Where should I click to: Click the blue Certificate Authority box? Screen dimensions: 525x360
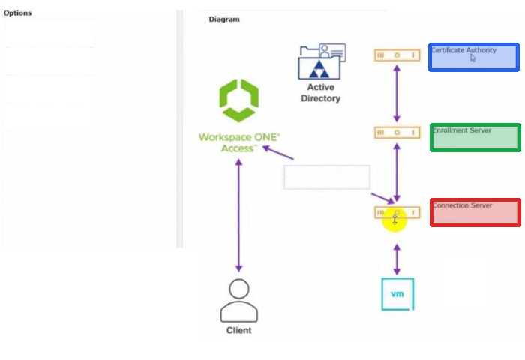(474, 57)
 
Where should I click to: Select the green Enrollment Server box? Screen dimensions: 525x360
(475, 137)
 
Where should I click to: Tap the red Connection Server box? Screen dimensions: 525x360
(475, 213)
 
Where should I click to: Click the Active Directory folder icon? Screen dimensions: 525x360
(322, 61)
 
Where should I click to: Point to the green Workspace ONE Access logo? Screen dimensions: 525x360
(239, 100)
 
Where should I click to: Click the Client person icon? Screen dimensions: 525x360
(239, 301)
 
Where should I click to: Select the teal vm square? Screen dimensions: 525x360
(397, 294)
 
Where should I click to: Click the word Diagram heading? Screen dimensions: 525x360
(224, 19)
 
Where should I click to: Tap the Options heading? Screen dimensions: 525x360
(18, 13)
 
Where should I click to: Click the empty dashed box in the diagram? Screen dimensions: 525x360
(327, 178)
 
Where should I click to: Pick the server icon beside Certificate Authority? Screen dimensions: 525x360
(397, 55)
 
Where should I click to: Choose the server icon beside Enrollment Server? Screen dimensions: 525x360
(397, 133)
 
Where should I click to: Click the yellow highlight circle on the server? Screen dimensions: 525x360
(394, 219)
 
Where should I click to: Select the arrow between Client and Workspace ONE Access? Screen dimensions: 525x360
(238, 215)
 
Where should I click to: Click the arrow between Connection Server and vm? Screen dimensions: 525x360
(397, 259)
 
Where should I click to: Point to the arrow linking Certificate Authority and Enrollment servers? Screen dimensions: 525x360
(397, 94)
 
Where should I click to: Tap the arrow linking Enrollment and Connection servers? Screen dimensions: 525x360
(397, 172)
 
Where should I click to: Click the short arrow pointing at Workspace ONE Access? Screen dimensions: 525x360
(278, 152)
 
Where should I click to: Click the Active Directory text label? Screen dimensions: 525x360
(321, 93)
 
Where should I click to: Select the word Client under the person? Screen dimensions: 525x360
(238, 330)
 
